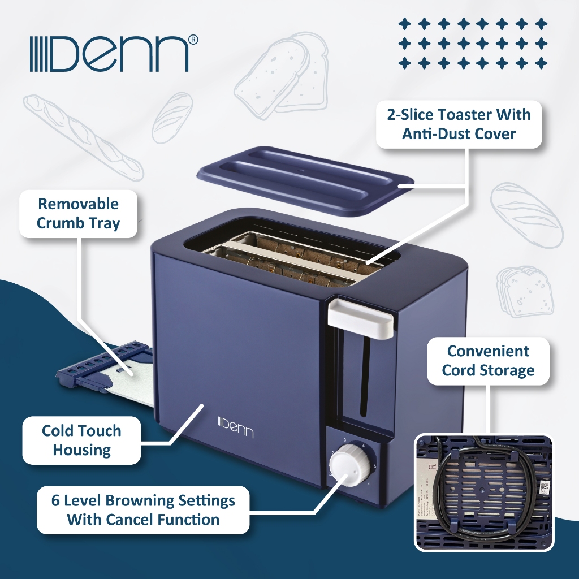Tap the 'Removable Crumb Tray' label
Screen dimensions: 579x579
[78, 213]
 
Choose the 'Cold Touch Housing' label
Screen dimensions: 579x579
[81, 440]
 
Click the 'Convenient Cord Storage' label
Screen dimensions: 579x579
[488, 361]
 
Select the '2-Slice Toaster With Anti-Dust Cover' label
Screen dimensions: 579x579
[459, 124]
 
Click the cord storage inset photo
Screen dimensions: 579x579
[483, 492]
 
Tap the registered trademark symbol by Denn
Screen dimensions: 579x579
[193, 39]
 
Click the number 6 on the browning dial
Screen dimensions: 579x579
[369, 483]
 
